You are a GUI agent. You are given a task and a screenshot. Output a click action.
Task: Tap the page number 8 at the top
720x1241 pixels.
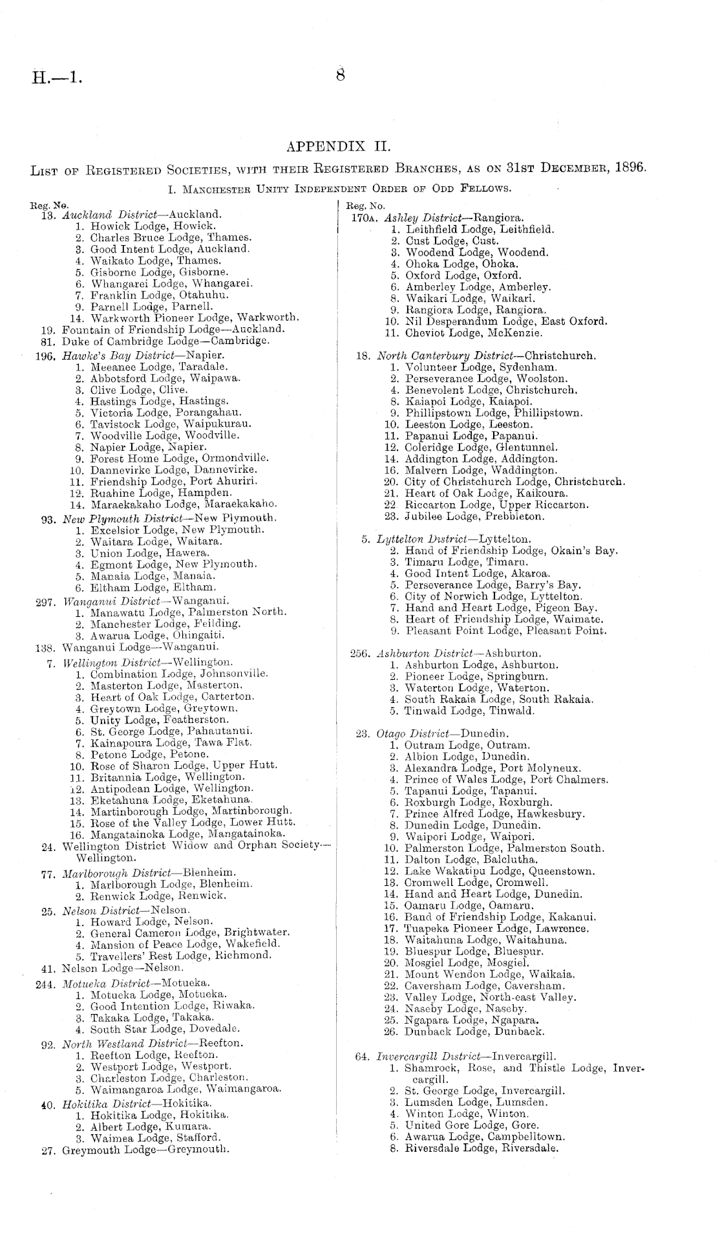pyautogui.click(x=340, y=75)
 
